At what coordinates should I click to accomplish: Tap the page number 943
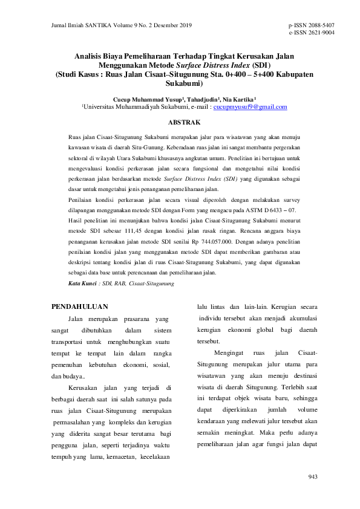tap(313, 477)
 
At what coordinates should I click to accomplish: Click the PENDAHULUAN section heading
tap(80, 306)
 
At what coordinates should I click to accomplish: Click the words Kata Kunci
tap(82, 283)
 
